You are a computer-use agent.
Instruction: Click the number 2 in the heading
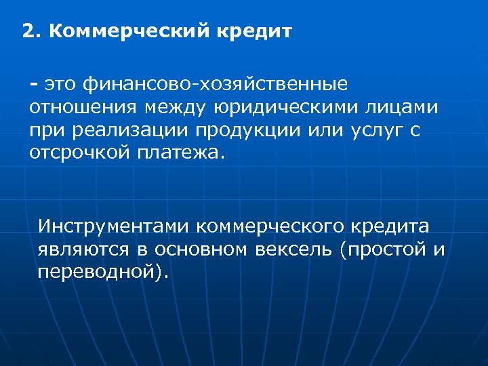[26, 31]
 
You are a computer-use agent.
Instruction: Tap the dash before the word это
[33, 83]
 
